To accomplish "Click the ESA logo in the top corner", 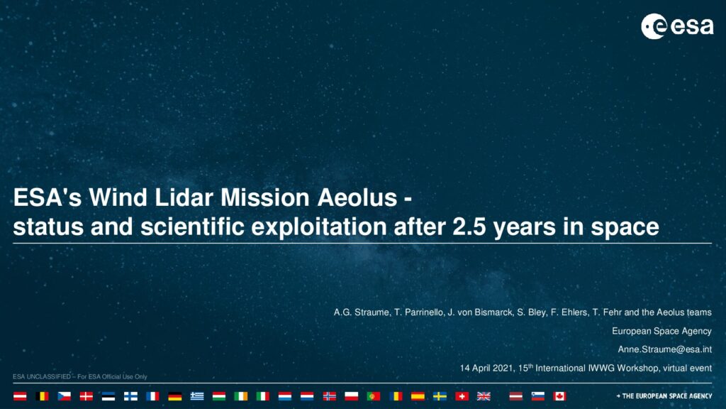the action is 677,26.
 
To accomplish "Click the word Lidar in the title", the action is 184,197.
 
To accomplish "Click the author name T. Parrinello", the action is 418,312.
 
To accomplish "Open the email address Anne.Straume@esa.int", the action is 664,349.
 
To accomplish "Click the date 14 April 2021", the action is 486,369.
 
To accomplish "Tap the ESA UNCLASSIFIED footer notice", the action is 79,376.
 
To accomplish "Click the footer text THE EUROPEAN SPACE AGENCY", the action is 666,396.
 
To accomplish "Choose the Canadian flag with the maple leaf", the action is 559,396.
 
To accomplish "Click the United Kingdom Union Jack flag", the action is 484,396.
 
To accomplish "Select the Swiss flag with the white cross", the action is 462,396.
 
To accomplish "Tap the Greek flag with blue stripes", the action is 197,396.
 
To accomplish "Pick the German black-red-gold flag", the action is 174,396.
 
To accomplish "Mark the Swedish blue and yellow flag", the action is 440,396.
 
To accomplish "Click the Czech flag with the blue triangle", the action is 64,396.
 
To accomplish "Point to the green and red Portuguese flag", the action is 373,396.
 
